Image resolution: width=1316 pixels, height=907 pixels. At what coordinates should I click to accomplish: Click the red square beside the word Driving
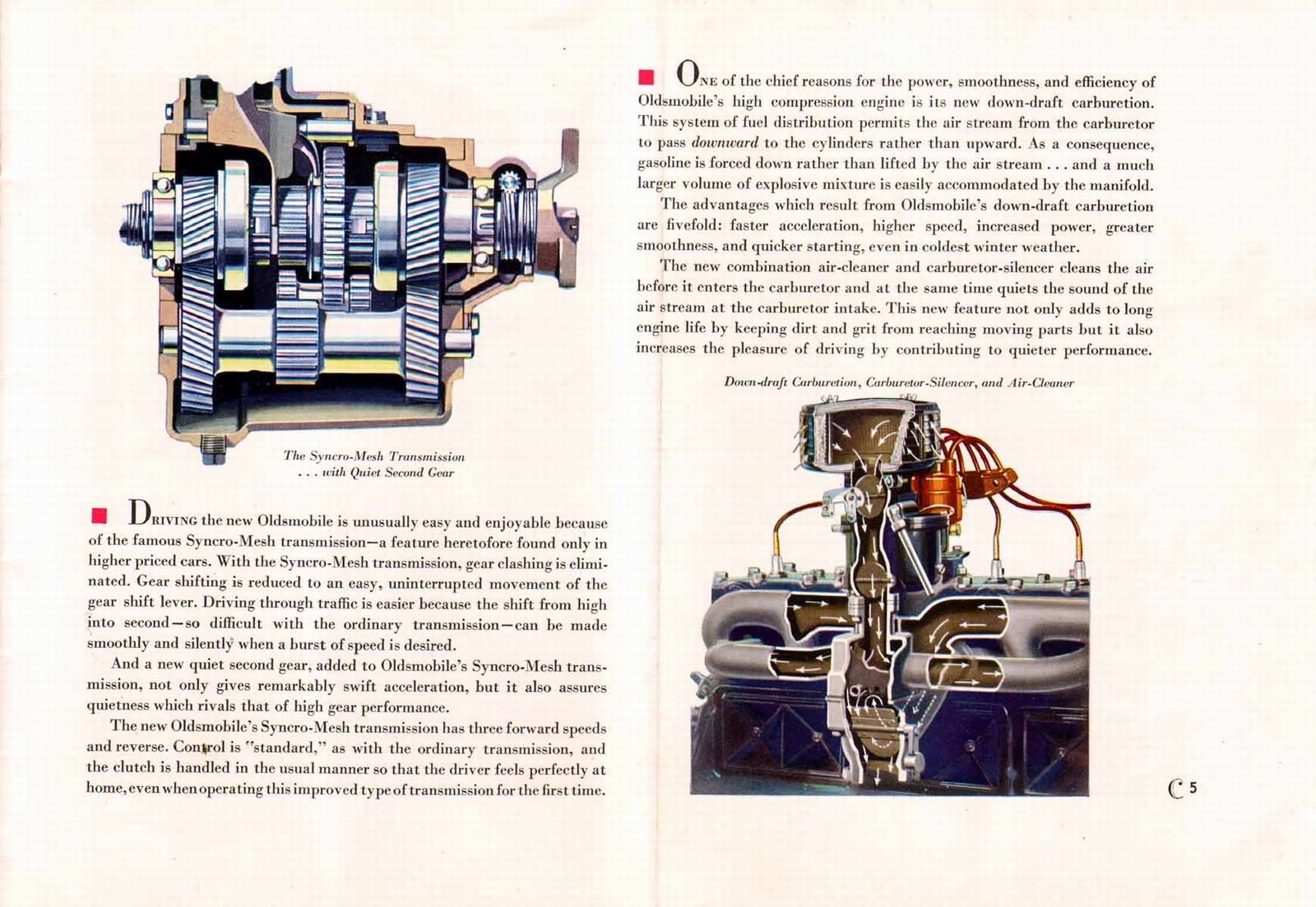(x=100, y=516)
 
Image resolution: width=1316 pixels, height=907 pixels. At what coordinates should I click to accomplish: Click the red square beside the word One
(x=646, y=77)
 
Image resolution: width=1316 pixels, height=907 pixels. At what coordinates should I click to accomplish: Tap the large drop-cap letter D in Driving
(x=139, y=513)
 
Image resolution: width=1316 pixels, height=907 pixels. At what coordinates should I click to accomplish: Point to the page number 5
(x=1193, y=788)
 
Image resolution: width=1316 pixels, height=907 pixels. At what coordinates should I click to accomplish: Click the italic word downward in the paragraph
(x=725, y=143)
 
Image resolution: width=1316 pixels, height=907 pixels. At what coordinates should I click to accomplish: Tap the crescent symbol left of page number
(x=1175, y=789)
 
